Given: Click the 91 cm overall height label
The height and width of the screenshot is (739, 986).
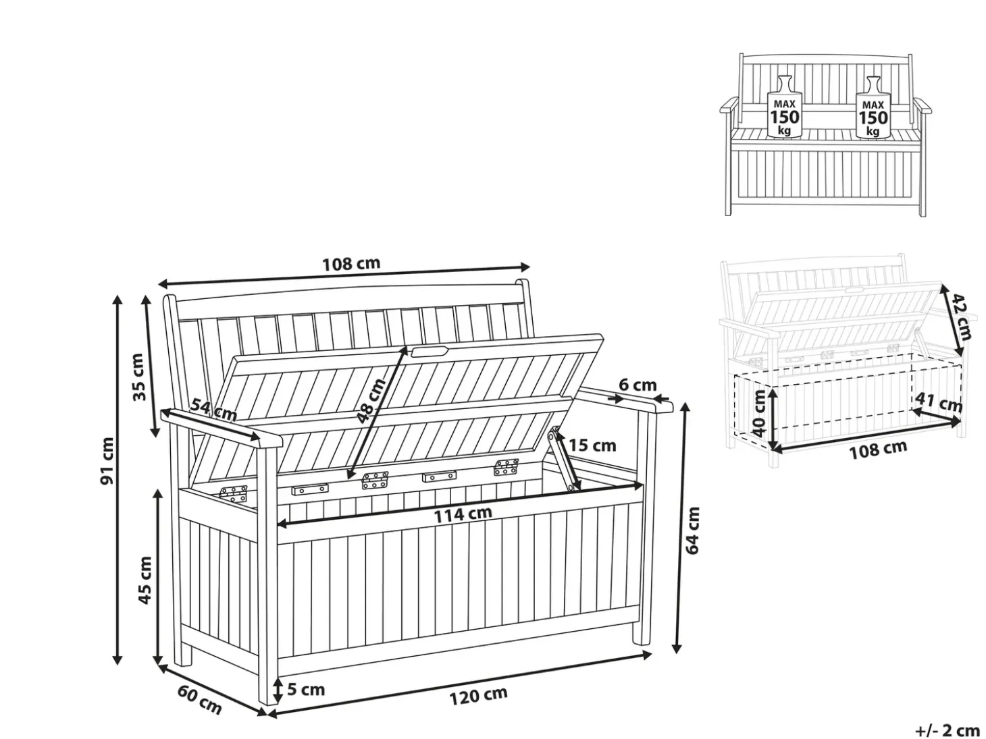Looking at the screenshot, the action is (107, 461).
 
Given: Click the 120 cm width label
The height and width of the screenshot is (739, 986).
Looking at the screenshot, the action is (478, 695).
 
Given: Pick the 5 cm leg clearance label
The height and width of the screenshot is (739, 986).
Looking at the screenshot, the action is (306, 689).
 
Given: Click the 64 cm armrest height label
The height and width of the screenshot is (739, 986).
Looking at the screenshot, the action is (692, 530).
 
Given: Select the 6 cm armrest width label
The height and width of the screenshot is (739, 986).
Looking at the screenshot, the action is (638, 385).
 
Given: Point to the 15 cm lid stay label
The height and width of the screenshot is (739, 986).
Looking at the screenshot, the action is (592, 445).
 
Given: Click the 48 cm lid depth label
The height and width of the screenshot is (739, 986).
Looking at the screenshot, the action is (371, 402).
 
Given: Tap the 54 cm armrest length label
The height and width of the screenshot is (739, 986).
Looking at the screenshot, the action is (214, 410).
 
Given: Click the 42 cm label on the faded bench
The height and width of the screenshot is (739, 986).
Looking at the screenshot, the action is (962, 317).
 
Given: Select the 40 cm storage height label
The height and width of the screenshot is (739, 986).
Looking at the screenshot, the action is (758, 414).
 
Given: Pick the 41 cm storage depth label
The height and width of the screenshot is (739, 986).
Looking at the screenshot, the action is (939, 402).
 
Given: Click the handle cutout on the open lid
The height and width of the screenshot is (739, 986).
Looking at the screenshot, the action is (429, 351).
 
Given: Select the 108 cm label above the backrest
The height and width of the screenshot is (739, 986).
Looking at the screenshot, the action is (351, 263).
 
